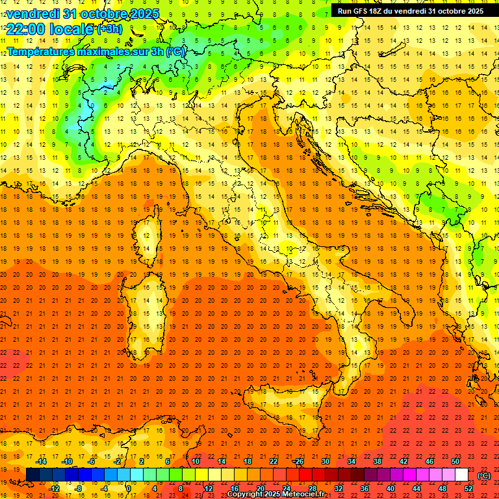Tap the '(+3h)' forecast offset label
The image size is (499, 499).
pyautogui.click(x=109, y=29)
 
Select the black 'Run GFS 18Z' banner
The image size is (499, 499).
pyautogui.click(x=410, y=10)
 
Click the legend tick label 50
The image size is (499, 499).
pyautogui.click(x=455, y=461)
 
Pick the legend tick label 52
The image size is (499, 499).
pyautogui.click(x=468, y=489)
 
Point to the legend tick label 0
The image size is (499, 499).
pyautogui.click(x=128, y=489)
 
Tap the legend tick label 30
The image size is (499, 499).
pyautogui.click(x=325, y=461)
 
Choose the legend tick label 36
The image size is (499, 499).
pyautogui.click(x=365, y=489)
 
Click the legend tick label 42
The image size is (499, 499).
pyautogui.click(x=403, y=461)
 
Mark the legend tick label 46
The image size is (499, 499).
pyautogui.click(x=429, y=461)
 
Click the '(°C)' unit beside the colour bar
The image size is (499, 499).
pyautogui.click(x=484, y=476)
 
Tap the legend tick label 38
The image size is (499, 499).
pyautogui.click(x=377, y=461)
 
